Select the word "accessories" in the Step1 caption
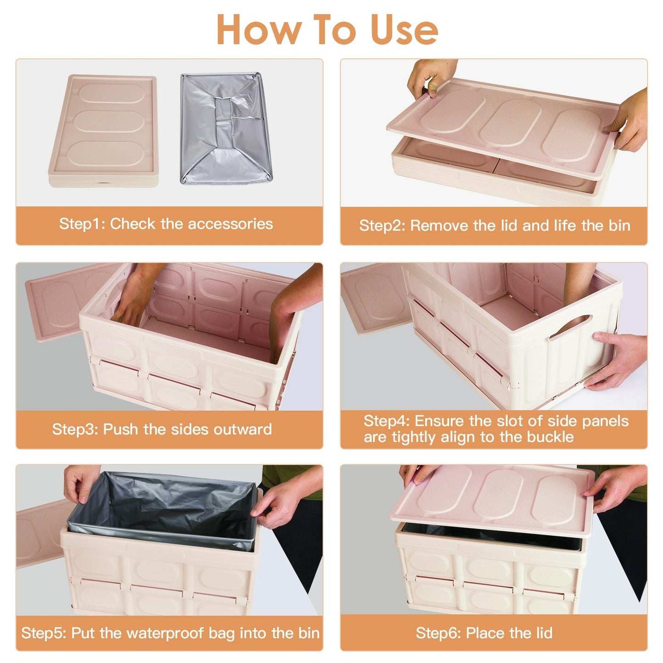tap(230, 223)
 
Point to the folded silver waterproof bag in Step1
tap(226, 128)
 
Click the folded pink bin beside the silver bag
tap(104, 130)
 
